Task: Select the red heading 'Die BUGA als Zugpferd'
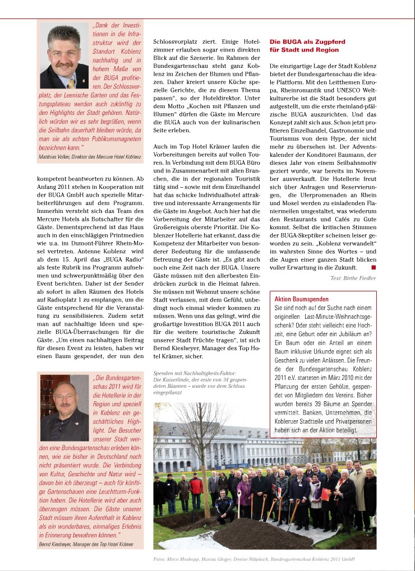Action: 307,42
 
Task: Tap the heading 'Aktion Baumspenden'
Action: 301,299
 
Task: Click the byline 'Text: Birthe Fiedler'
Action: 353,278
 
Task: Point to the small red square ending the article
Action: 374,268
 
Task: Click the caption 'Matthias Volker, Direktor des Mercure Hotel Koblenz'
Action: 90,157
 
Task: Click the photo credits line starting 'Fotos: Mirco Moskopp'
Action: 253,559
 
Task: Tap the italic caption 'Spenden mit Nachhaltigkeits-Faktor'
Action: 194,373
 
